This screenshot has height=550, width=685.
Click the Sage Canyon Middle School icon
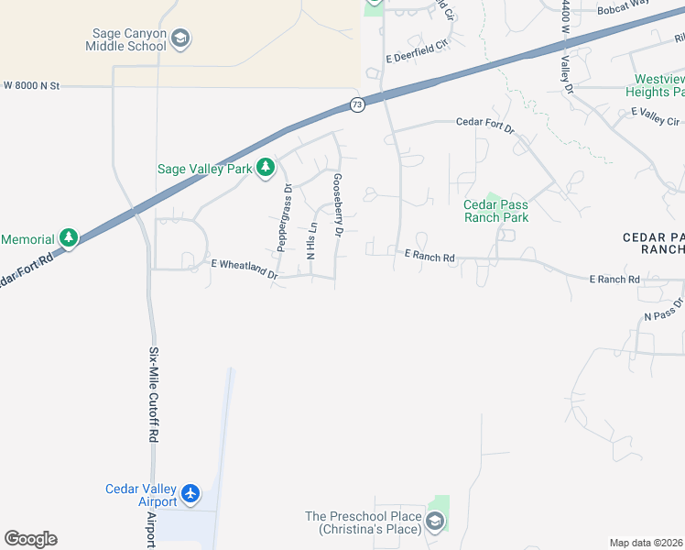coord(181,38)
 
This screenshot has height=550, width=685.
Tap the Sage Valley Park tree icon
coord(266,167)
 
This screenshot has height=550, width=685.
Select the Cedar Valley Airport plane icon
coord(190,494)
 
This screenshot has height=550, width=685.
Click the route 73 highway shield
coord(357,105)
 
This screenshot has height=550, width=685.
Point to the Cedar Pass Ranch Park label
coord(495,211)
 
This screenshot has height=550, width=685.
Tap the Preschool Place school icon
coord(435,522)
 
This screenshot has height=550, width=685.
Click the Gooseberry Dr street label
coord(338,206)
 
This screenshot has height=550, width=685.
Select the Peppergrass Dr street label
coord(285,217)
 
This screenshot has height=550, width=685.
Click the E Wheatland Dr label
coord(245,269)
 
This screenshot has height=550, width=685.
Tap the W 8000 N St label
coord(31,85)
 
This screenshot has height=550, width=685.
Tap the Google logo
coord(30,539)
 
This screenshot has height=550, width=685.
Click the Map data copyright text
coord(647,543)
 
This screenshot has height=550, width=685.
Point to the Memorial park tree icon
coord(69,238)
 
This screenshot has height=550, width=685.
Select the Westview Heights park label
coord(655,85)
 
